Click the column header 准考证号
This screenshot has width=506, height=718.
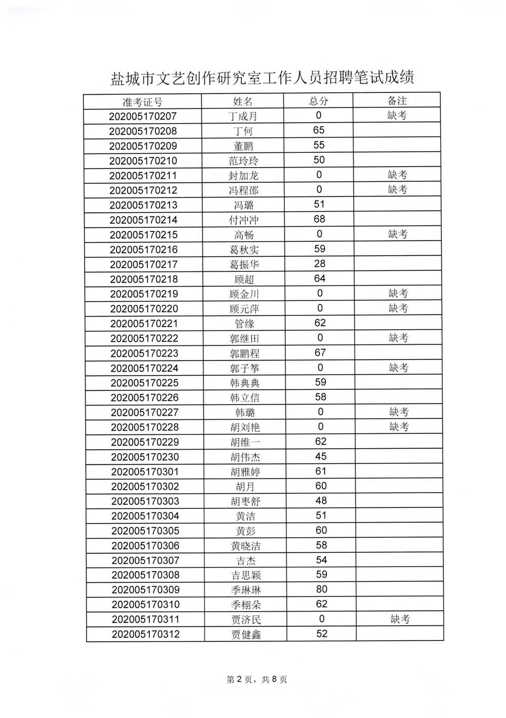(x=143, y=102)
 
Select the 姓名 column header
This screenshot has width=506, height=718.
(x=243, y=101)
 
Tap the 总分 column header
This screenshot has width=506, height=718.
(x=319, y=101)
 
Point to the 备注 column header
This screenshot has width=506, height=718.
(x=397, y=100)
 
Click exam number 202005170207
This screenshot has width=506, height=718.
(x=143, y=116)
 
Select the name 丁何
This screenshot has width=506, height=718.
(x=243, y=131)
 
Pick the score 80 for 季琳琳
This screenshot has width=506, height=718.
(x=322, y=589)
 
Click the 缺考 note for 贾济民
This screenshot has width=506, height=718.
(x=400, y=619)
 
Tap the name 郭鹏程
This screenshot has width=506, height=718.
(x=245, y=353)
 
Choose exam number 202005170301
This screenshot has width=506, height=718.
(x=145, y=472)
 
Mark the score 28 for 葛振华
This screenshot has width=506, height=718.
(x=320, y=264)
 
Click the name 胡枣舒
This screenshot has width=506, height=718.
(x=245, y=501)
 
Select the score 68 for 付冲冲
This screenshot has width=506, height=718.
(x=319, y=219)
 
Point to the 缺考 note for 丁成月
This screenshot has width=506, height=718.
(x=397, y=115)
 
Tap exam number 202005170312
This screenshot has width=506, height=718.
(x=146, y=634)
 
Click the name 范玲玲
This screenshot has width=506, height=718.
(x=243, y=161)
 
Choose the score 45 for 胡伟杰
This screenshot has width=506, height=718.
(x=321, y=457)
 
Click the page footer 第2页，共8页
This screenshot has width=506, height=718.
(x=257, y=680)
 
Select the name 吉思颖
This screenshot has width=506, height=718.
(x=246, y=575)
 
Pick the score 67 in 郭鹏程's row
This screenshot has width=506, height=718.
(x=320, y=353)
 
